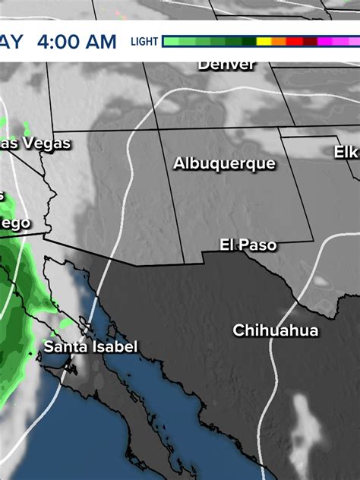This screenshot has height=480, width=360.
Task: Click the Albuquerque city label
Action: coord(224,163)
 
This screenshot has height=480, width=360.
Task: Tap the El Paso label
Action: coord(248,245)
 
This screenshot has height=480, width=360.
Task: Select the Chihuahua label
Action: coord(276,330)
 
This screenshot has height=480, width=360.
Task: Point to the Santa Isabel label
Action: coord(90,347)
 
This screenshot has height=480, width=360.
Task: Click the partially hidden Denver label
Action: coord(226,65)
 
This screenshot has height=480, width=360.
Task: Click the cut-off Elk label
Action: coord(346,152)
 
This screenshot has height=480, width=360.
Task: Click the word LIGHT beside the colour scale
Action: coord(144,42)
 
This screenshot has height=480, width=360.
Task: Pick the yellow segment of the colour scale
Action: coord(264,42)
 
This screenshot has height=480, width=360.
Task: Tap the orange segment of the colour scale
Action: coord(279,42)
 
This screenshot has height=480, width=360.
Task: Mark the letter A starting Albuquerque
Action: coord(178,163)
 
